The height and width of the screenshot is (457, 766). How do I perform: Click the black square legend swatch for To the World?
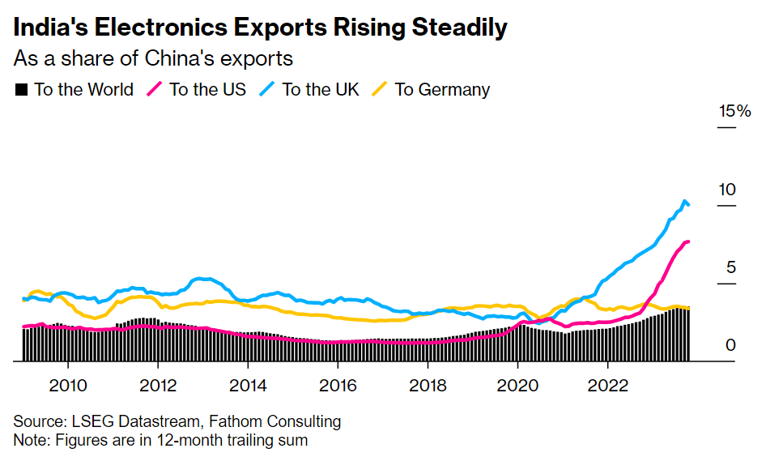23,90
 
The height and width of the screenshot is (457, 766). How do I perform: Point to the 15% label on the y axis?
735,111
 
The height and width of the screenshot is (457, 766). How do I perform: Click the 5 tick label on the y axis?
730,267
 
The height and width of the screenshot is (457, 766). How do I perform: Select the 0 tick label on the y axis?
730,346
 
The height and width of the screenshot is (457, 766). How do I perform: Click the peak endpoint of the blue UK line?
686,202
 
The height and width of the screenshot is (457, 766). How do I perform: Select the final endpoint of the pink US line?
688,241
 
